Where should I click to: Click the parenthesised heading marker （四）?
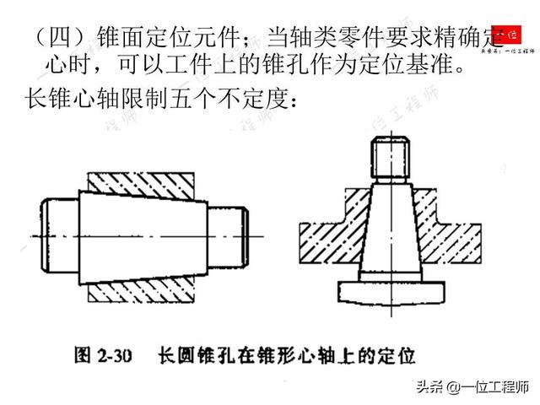tap(50, 39)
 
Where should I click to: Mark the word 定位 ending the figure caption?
tap(397, 349)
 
